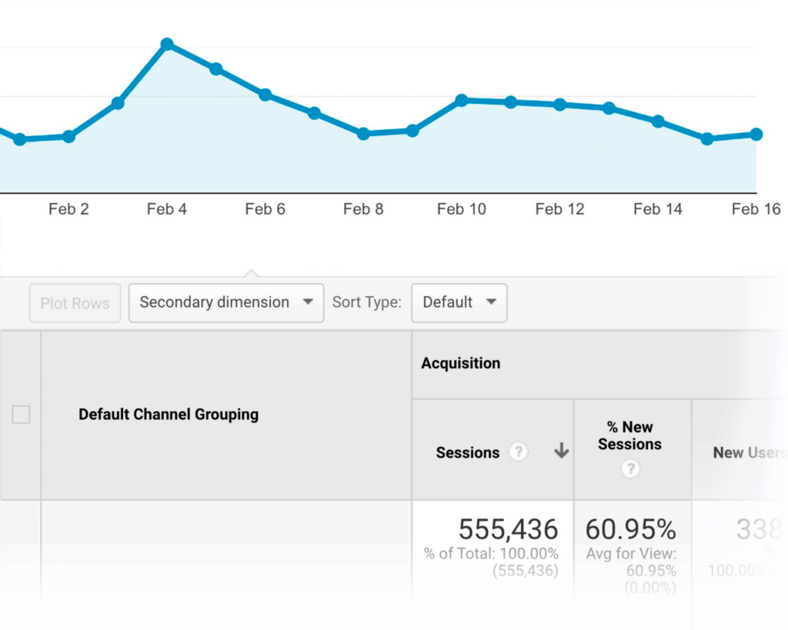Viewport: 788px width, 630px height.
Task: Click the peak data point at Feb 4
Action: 167,45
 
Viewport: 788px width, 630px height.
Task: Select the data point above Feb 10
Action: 462,100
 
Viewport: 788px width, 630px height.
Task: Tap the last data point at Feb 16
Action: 756,135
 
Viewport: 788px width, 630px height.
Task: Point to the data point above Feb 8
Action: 363,134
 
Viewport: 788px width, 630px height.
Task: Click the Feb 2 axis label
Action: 68,209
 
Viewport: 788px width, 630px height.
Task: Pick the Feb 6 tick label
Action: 265,209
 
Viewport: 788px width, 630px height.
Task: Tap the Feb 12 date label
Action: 559,209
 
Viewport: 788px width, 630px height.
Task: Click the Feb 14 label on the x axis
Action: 658,209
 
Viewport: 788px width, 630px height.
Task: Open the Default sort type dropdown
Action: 459,302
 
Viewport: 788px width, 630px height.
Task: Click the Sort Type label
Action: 367,302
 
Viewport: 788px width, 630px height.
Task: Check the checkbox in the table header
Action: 21,415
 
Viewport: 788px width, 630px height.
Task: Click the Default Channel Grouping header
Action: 169,415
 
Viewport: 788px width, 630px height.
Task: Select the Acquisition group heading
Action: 460,364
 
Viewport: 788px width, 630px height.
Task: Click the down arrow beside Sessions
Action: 562,452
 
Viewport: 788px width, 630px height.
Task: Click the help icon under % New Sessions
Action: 630,468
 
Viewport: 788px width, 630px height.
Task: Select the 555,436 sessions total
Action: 508,529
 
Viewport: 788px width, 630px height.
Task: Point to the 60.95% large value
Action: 630,529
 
